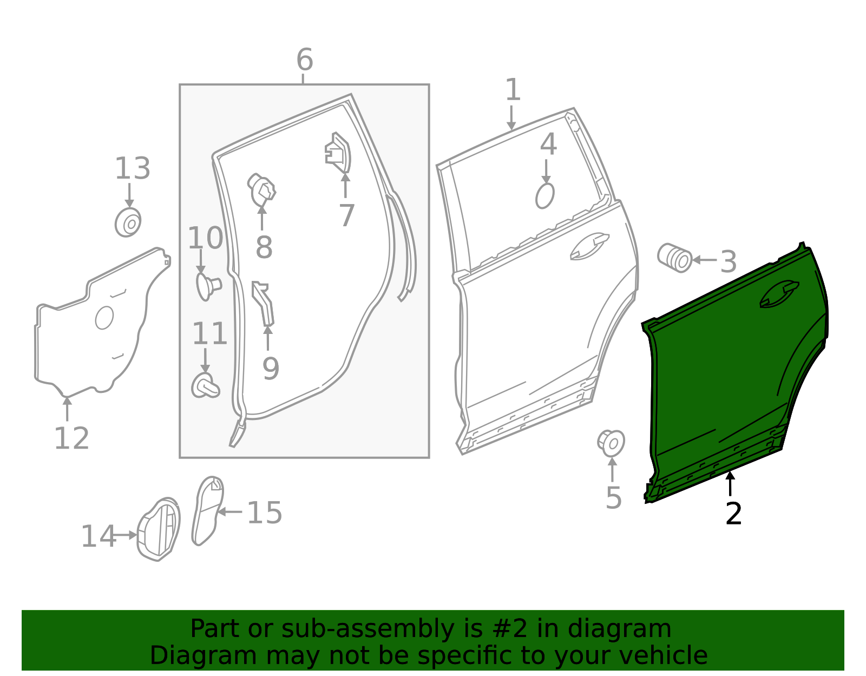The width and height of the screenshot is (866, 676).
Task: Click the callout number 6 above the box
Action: pyautogui.click(x=304, y=60)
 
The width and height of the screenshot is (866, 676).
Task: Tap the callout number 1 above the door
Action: pyautogui.click(x=512, y=90)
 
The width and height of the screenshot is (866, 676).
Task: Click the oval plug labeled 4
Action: pyautogui.click(x=545, y=195)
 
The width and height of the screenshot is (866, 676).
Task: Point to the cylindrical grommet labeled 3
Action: pyautogui.click(x=674, y=258)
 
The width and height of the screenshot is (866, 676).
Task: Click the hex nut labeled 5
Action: pyautogui.click(x=611, y=443)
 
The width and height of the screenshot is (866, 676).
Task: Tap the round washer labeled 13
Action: pyautogui.click(x=128, y=222)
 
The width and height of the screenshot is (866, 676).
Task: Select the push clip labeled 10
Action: pyautogui.click(x=206, y=286)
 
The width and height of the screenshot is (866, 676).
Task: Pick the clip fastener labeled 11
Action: pyautogui.click(x=205, y=385)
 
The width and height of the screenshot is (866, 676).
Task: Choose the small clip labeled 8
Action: pyautogui.click(x=263, y=191)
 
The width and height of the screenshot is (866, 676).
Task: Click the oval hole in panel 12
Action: pyautogui.click(x=104, y=318)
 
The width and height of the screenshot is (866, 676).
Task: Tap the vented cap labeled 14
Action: pyautogui.click(x=159, y=529)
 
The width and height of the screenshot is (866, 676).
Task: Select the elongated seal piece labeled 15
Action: pyautogui.click(x=207, y=510)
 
